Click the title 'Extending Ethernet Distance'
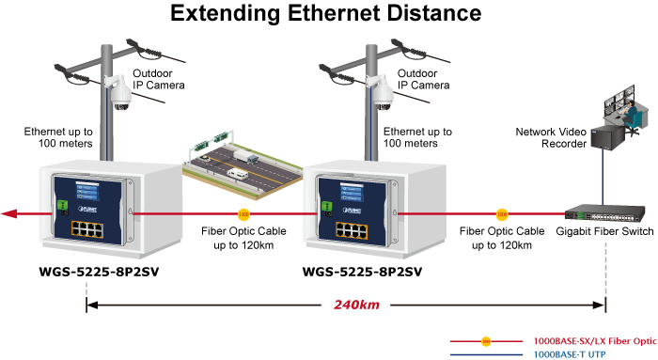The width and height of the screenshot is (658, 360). tap(325, 13)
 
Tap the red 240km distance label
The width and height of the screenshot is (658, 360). tap(356, 305)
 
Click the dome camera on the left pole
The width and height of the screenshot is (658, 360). tap(120, 94)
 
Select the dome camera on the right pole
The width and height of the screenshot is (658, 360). tap(383, 94)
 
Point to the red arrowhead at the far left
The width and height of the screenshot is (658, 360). tap(9, 214)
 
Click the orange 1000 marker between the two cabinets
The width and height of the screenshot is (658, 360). tap(243, 214)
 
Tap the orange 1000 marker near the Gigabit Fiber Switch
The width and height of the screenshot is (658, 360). tap(502, 214)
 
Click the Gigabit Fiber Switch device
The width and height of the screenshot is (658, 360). tap(604, 213)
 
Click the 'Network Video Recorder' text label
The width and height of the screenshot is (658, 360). tap(551, 137)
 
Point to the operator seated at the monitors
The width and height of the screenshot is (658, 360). tap(631, 114)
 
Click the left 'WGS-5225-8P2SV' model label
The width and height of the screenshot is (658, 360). tap(99, 272)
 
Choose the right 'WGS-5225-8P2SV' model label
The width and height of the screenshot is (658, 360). tap(362, 272)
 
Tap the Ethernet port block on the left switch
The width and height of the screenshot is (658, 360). tap(86, 229)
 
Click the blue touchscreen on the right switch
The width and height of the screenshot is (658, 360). tap(352, 192)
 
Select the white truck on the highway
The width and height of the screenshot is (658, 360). tap(246, 157)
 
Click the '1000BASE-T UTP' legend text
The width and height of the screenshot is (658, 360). tap(570, 354)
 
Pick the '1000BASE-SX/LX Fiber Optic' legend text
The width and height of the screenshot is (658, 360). tap(595, 341)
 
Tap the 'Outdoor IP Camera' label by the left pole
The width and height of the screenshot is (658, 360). tap(159, 79)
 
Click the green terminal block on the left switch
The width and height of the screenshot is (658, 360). tap(63, 205)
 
